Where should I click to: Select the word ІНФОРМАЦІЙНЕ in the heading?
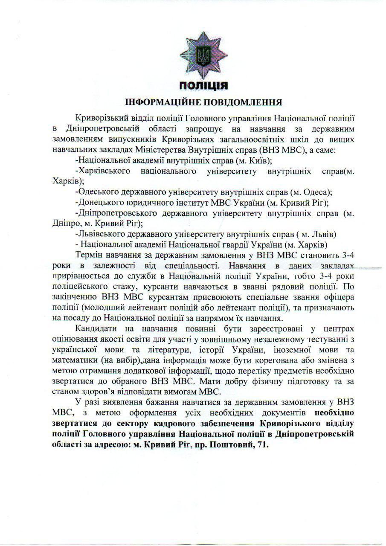pos(164,102)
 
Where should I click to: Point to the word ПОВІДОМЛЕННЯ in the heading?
pos(244,102)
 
